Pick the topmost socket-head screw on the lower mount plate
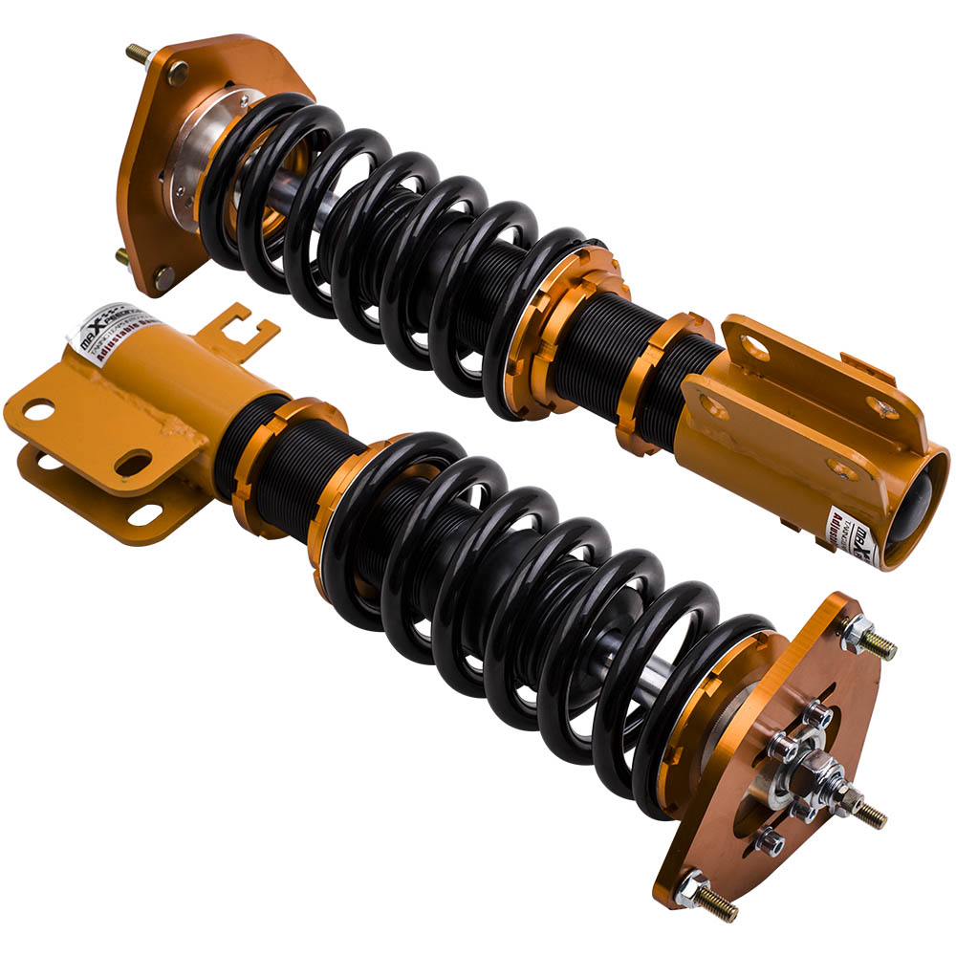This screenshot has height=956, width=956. click(x=818, y=713)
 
